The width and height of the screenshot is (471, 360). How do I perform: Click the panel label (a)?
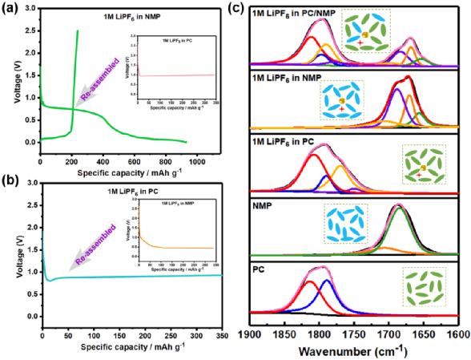pyautogui.click(x=11, y=9)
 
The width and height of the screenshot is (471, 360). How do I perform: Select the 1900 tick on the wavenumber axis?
pyautogui.click(x=249, y=333)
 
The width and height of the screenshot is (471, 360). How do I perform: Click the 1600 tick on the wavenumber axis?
pyautogui.click(x=458, y=333)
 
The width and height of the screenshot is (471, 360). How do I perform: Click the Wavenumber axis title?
pyautogui.click(x=353, y=350)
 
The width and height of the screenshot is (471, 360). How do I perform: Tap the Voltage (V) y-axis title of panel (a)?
pyautogui.click(x=10, y=76)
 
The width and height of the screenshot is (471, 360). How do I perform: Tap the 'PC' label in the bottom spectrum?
pyautogui.click(x=258, y=270)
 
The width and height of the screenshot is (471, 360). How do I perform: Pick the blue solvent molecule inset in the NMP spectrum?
pyautogui.click(x=344, y=224)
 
